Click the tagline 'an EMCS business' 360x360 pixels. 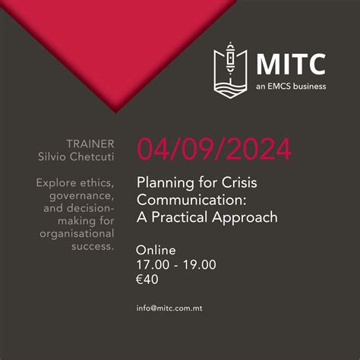291,86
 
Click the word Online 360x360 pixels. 155,250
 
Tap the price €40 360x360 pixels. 147,279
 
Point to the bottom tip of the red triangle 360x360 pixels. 116,112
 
